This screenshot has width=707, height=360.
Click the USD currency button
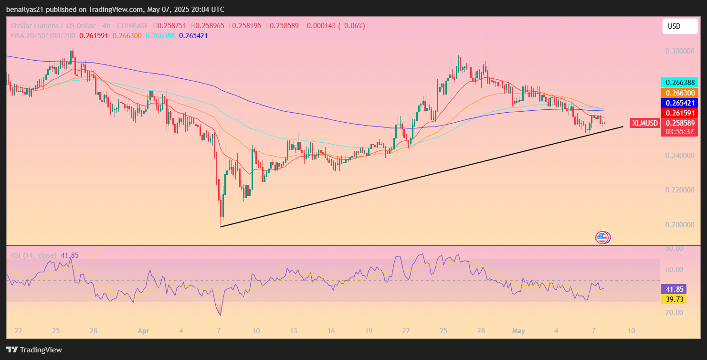680,26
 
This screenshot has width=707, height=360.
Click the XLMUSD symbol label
645,123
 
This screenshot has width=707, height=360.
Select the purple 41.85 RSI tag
673,289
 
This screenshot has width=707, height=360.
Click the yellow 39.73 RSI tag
673,299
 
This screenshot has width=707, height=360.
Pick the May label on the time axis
518,331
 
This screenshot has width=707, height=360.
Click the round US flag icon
602,237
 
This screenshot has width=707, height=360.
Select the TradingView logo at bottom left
34,349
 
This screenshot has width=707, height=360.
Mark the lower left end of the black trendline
221,226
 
